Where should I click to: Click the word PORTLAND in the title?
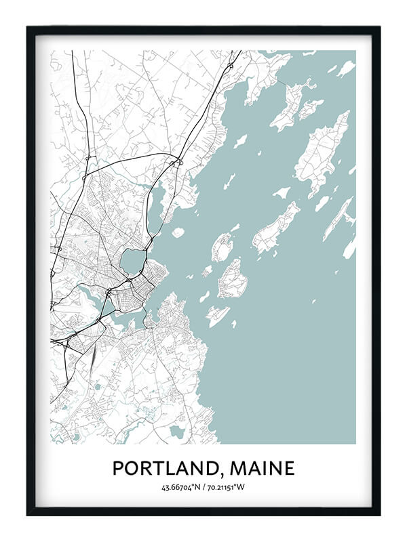coord(168,468)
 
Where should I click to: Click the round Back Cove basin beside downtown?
coord(134,260)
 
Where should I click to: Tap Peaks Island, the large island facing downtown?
coord(233,278)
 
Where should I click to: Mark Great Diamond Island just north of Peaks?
coord(222,247)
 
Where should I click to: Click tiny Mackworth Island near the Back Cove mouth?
coord(178,232)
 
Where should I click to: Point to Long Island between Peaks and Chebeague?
coord(276,228)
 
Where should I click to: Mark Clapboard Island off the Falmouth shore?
coord(240,141)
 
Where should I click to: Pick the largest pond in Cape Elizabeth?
coord(177,431)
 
